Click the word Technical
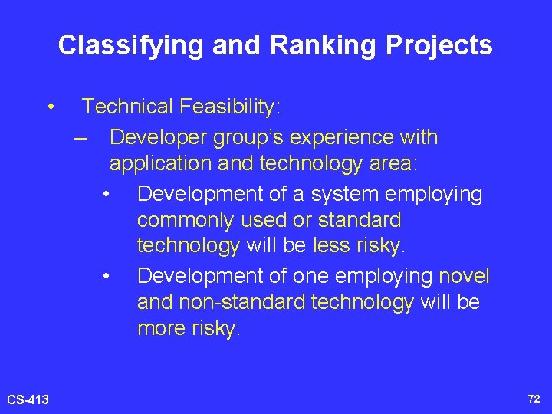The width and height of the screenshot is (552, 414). click(128, 107)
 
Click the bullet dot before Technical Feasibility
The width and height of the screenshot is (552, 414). click(50, 107)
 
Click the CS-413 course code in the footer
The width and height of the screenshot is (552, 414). click(28, 399)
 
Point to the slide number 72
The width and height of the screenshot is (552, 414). click(534, 399)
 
